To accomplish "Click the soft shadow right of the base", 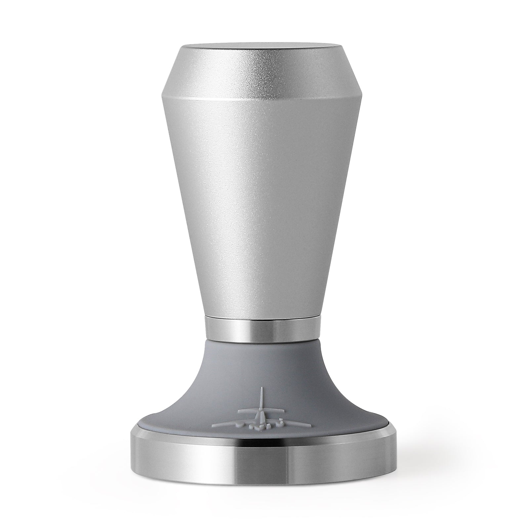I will [x=430, y=479].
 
